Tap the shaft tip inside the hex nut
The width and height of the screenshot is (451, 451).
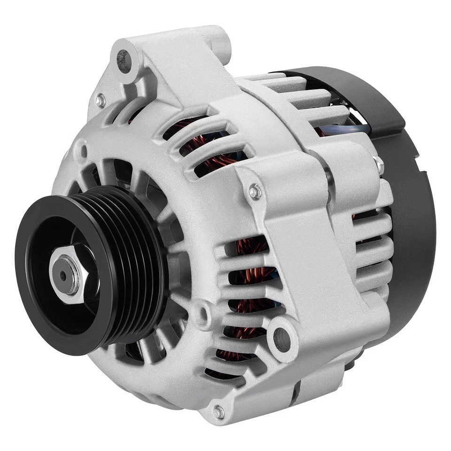pos(63,276)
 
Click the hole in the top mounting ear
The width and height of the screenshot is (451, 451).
pos(124,62)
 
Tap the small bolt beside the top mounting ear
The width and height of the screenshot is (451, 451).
pos(100,100)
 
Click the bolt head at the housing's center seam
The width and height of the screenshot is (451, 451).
pos(255,191)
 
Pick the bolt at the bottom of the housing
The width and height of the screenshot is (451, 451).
pos(218,412)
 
